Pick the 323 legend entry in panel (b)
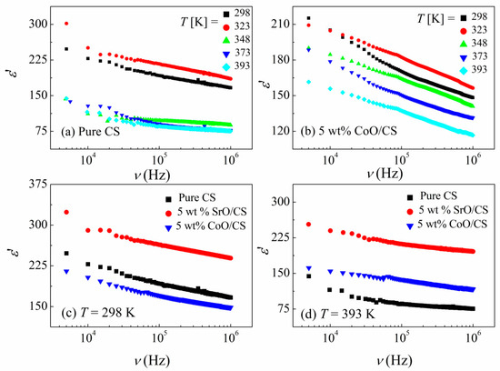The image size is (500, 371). (462, 30)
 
